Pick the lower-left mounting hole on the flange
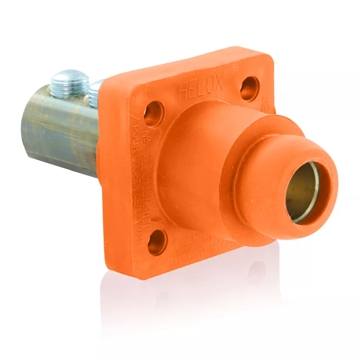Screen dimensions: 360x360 157,242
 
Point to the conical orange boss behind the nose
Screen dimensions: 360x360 202,151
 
